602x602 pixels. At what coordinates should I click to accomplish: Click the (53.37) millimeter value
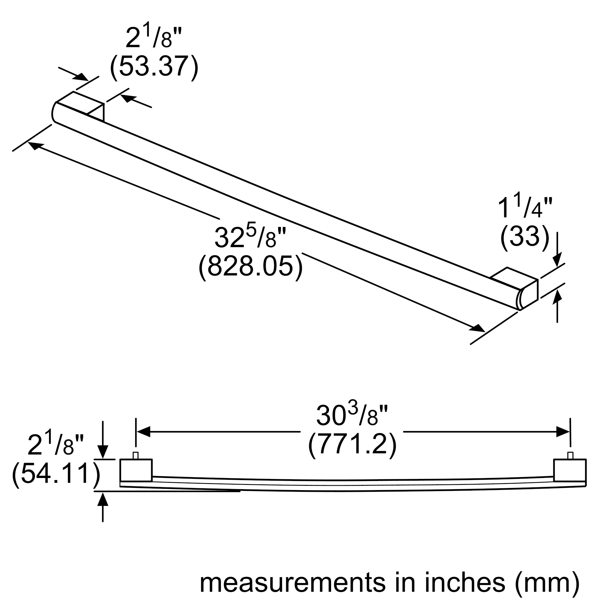pos(154,66)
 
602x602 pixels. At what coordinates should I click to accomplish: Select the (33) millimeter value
pos(525,236)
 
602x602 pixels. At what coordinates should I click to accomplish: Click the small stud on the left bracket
pos(135,455)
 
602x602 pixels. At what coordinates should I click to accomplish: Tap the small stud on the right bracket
pos(570,455)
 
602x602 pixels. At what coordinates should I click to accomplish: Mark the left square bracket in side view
pos(136,470)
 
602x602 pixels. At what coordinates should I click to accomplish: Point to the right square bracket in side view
pos(570,470)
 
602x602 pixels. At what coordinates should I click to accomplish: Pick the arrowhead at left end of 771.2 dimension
pos(144,432)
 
